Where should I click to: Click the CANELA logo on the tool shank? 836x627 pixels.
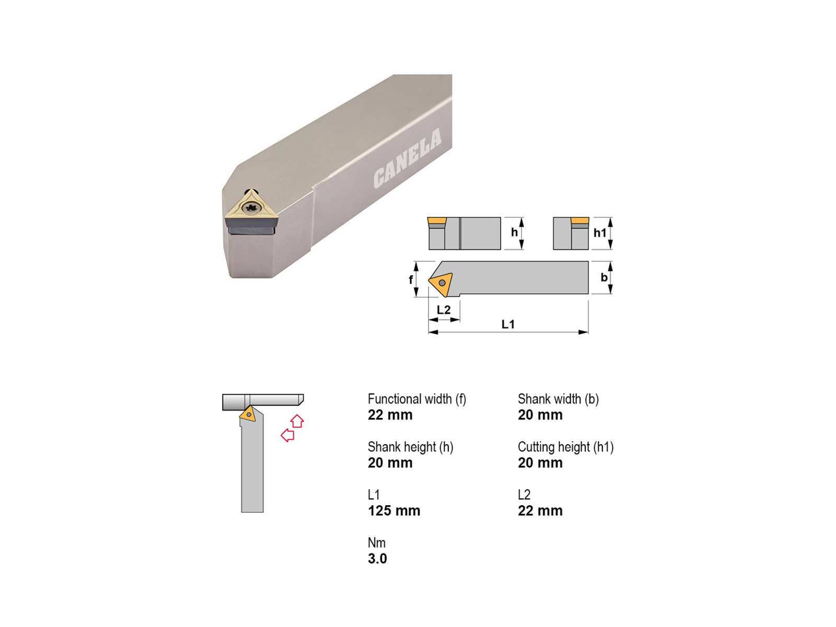(x=407, y=158)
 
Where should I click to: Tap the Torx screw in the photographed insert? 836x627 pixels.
(x=251, y=208)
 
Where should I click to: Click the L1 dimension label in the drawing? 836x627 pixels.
(x=508, y=324)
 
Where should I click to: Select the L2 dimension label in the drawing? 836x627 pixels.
(x=443, y=309)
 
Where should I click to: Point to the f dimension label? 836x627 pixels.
(x=411, y=280)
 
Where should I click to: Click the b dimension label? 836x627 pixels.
(x=604, y=277)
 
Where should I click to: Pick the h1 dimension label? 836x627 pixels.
(x=600, y=233)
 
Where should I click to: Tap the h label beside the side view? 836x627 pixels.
(x=514, y=232)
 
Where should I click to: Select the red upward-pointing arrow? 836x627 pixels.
(x=297, y=421)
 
